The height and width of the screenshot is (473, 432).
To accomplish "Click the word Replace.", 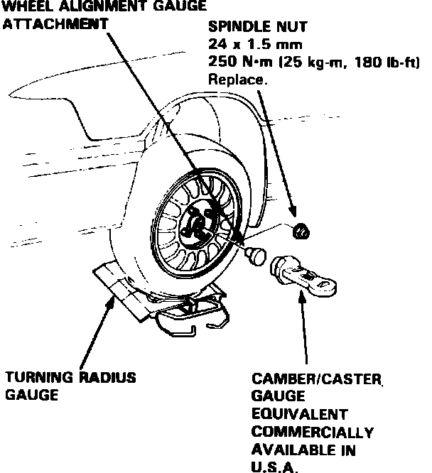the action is [237, 80].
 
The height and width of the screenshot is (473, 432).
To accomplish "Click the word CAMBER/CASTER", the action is [318, 379].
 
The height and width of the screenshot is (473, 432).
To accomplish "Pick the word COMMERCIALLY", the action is [312, 432].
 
